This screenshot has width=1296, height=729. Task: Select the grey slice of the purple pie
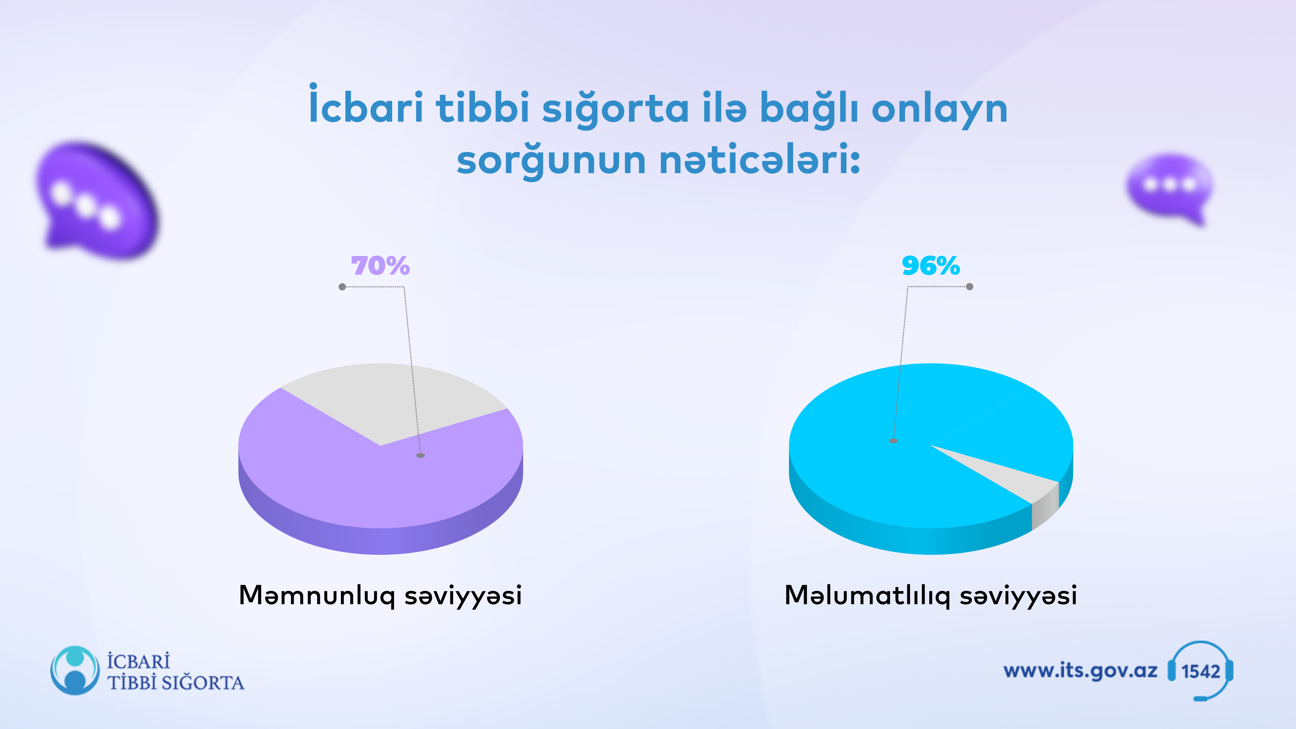click(x=387, y=397)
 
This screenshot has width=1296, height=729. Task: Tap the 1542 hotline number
click(x=1201, y=671)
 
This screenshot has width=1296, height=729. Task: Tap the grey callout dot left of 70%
click(x=342, y=287)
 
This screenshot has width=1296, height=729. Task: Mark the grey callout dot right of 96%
click(x=970, y=287)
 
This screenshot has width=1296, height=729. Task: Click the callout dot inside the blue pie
click(x=893, y=441)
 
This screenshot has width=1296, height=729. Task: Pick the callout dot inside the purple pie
click(x=420, y=455)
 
